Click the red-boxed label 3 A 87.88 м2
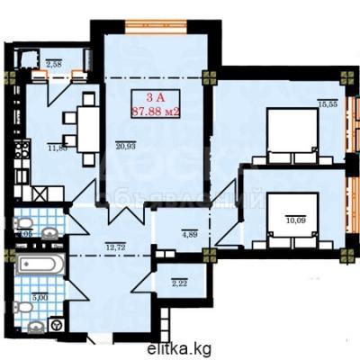[x=154, y=105]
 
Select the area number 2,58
[x=53, y=64]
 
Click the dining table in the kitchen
[x=88, y=128]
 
